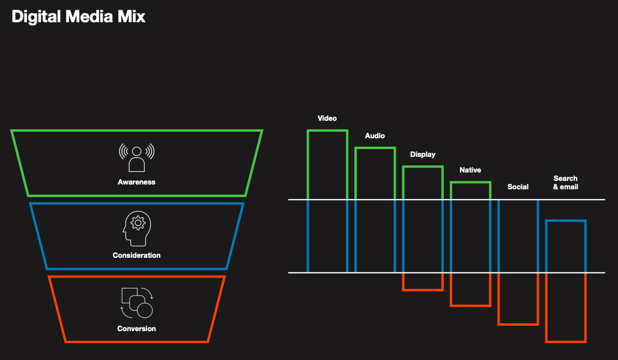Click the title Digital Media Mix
[x=79, y=16]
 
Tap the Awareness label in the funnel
[x=136, y=182]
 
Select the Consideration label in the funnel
[x=136, y=255]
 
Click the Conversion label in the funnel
[x=136, y=329]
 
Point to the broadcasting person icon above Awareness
[x=136, y=158]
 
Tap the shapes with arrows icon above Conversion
[x=136, y=302]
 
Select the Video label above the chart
[x=327, y=118]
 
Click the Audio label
[x=375, y=136]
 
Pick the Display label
[x=423, y=154]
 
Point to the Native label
[x=470, y=170]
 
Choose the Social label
[x=518, y=187]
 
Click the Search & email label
[x=566, y=183]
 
